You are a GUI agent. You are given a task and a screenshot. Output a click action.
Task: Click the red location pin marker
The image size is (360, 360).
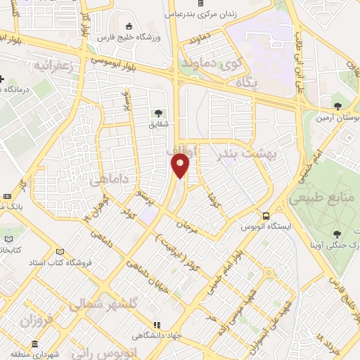[181, 165]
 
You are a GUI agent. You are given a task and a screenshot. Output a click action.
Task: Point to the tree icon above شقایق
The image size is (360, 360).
[159, 112]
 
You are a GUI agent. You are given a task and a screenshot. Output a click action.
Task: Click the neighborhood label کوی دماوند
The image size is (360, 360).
[207, 65]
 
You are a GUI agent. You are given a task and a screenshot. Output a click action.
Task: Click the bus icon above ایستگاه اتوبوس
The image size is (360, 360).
[266, 216]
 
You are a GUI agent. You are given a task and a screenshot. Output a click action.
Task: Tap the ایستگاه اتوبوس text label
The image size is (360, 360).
[266, 228]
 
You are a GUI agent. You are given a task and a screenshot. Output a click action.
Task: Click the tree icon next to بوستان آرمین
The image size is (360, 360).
[338, 106]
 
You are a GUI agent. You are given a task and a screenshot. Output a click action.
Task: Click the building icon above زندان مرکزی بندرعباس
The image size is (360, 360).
[201, 4]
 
